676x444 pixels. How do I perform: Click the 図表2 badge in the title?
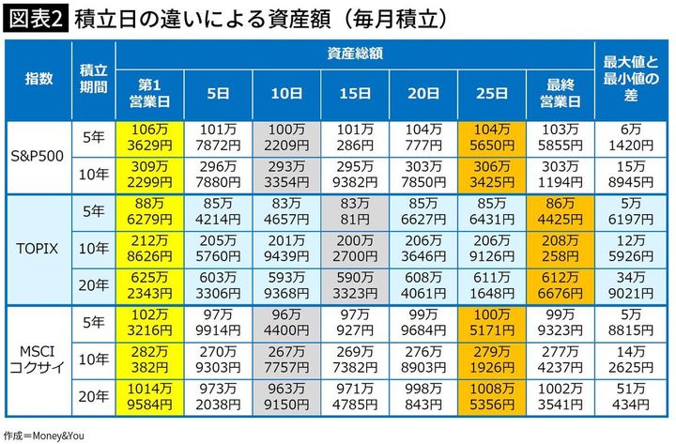tap(36, 18)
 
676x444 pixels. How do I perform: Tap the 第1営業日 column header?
tap(150, 93)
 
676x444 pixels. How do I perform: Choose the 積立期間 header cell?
tap(92, 79)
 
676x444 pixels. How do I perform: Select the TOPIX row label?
tap(38, 249)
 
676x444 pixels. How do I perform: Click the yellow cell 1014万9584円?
tap(150, 398)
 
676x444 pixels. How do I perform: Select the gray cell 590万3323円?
tap(356, 286)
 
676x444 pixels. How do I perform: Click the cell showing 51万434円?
tap(632, 398)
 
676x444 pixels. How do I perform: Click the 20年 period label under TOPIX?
tap(92, 286)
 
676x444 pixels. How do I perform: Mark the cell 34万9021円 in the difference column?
tap(632, 286)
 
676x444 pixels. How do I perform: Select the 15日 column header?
tap(356, 93)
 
